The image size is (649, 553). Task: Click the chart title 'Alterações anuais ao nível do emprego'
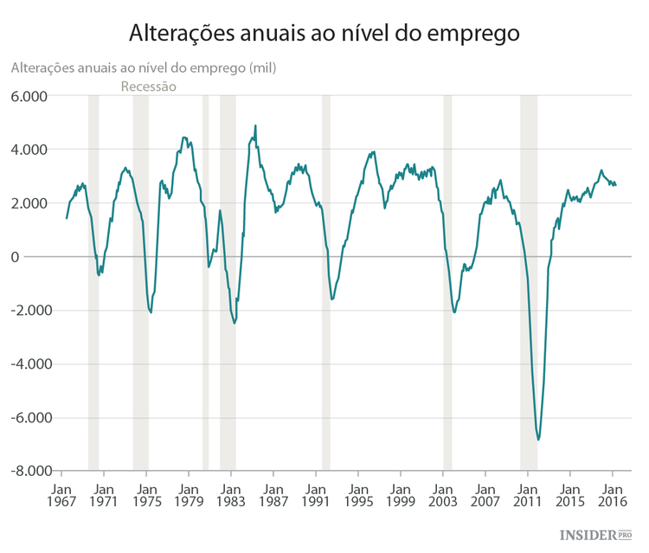(324, 33)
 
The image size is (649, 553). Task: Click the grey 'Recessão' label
(148, 87)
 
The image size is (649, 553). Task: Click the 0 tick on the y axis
(39, 257)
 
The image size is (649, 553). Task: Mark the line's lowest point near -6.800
(538, 440)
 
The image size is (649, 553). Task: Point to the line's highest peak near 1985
(255, 126)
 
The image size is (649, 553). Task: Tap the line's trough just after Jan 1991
(332, 299)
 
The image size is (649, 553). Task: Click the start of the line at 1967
(67, 217)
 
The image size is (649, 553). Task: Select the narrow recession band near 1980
(205, 281)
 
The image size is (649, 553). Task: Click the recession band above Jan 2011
(529, 281)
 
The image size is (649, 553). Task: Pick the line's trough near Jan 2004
(454, 312)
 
